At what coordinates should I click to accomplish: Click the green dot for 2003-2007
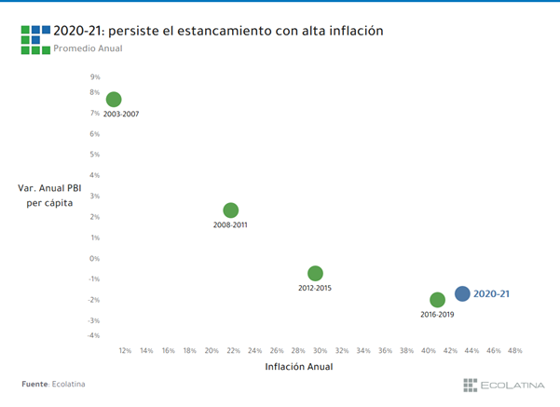click(x=114, y=100)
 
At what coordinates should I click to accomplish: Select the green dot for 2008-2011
click(x=231, y=210)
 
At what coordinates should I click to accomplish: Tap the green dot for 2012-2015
click(x=315, y=273)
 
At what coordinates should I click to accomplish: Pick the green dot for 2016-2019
click(x=437, y=300)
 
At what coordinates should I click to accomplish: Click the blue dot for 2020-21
click(x=462, y=293)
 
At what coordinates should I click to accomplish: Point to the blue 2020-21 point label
click(x=492, y=293)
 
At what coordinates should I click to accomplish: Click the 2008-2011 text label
click(x=230, y=225)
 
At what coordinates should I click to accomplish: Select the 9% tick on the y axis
click(x=95, y=78)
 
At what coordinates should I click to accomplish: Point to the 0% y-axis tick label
click(x=95, y=259)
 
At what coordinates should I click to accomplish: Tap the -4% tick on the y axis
click(x=94, y=335)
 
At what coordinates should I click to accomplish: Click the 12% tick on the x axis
click(x=125, y=351)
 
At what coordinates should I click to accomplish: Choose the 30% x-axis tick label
click(x=320, y=351)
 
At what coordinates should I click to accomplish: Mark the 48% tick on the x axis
click(x=514, y=351)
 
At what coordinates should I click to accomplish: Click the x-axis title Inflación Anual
click(x=299, y=367)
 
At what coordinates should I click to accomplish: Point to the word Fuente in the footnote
click(x=34, y=384)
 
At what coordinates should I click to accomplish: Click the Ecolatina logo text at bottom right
click(x=512, y=385)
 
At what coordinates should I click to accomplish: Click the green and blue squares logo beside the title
click(x=34, y=39)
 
